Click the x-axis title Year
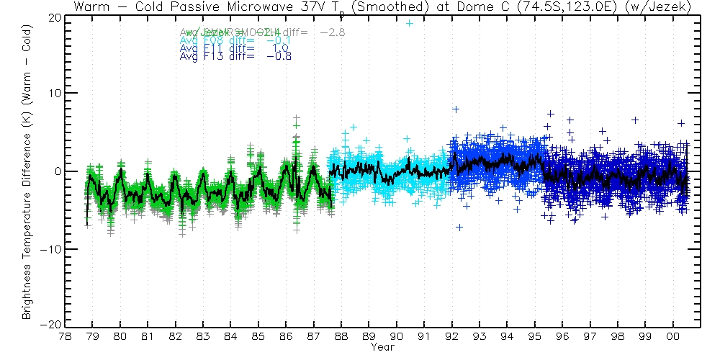coord(382,348)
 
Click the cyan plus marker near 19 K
coord(410,23)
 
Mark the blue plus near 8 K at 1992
coord(456,109)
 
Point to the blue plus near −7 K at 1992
coord(459,228)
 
